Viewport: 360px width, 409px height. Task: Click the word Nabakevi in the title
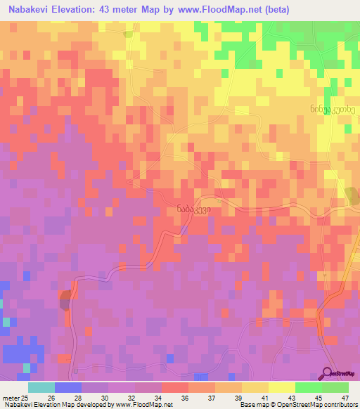[30, 10]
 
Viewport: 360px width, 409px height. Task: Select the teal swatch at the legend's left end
[41, 387]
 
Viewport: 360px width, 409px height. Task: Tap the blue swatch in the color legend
[68, 387]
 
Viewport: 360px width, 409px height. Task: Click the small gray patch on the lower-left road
[65, 300]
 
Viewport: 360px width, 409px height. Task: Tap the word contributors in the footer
[339, 405]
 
